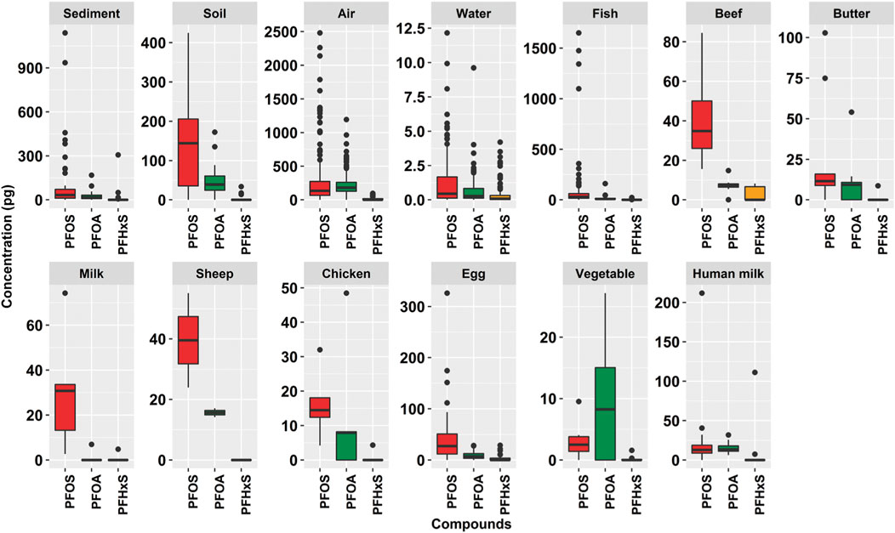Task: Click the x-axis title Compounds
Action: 470,524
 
